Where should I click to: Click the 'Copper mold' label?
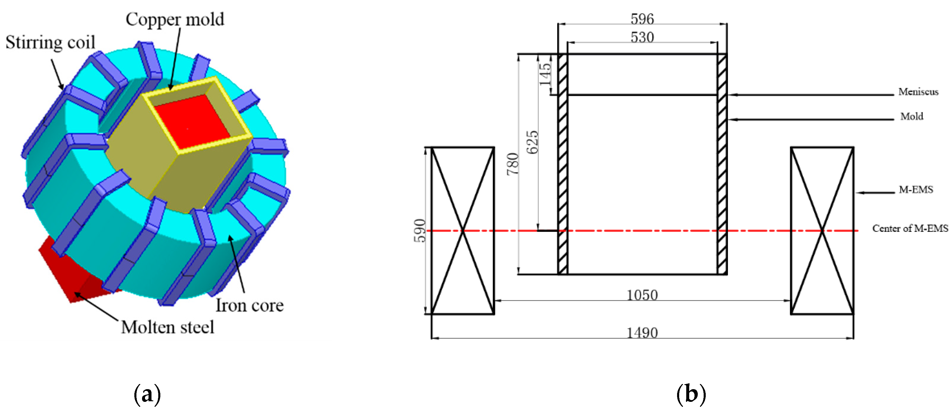point(175,19)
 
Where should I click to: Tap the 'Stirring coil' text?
point(50,42)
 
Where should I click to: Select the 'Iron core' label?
point(250,305)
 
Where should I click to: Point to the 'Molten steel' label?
point(167,327)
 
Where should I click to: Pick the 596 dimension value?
point(642,19)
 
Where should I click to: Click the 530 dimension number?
point(642,37)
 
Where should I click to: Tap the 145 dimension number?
point(545,74)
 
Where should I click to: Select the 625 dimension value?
point(532,142)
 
